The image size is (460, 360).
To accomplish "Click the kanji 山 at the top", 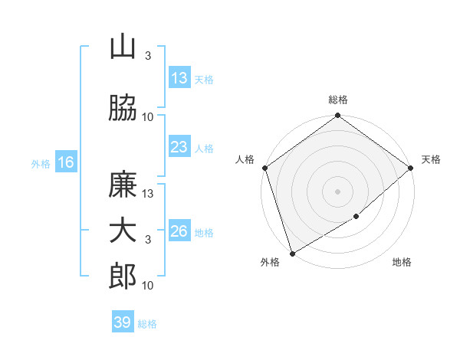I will [x=123, y=48].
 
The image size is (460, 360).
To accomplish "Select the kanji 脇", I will [x=123, y=108].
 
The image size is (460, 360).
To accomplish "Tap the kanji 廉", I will [x=123, y=185].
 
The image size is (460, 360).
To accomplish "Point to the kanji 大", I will [x=123, y=231].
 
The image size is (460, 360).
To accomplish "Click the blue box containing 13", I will [x=179, y=79].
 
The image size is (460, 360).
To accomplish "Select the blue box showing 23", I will [x=179, y=147].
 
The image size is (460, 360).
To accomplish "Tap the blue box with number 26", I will [x=179, y=231].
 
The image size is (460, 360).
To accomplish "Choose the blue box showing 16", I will [x=66, y=162].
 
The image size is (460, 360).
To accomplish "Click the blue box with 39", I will [x=123, y=322].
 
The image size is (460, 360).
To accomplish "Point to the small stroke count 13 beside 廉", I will [x=148, y=194].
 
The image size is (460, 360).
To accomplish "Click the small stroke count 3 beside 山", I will [x=148, y=56].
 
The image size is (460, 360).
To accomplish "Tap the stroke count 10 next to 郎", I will [x=148, y=286].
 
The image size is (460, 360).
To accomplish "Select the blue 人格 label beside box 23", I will [x=204, y=148].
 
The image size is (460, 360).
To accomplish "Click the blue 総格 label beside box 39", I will [x=147, y=323].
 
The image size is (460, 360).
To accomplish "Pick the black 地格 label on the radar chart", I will [x=402, y=263].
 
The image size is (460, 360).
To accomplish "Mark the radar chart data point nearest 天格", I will [x=411, y=167].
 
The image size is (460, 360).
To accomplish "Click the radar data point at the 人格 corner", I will [x=264, y=168].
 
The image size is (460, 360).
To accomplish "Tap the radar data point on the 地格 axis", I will [x=356, y=217].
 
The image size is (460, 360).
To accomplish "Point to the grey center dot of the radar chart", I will [x=337, y=191].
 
